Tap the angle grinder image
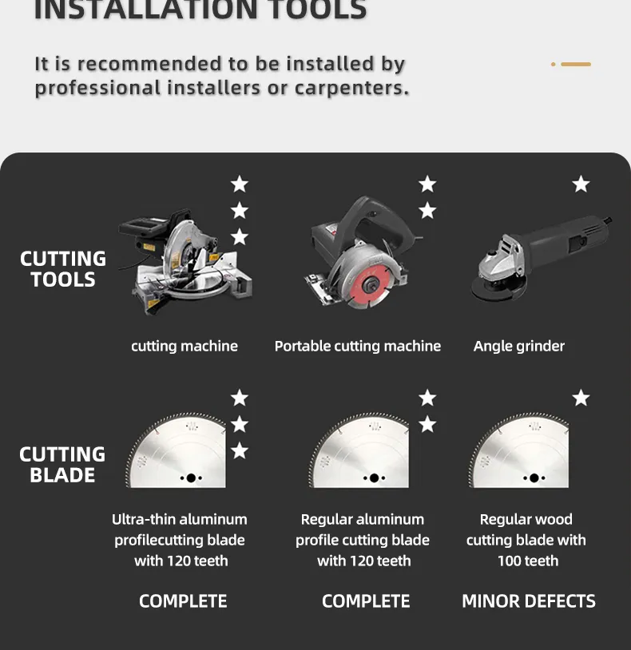point(542,258)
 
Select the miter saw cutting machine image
point(185,262)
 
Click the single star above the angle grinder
point(581,184)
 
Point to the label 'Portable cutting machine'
point(358,346)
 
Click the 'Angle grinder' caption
point(519,346)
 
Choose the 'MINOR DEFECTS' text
point(529,601)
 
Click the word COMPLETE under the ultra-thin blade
point(183,601)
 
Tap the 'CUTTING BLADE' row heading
point(62,464)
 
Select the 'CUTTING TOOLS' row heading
point(63,268)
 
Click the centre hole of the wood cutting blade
point(534,478)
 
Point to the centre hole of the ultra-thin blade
point(191,478)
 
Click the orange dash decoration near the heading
point(576,64)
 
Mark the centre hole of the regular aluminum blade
point(374,478)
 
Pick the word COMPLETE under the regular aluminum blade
point(366,601)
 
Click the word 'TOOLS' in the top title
point(318,9)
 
